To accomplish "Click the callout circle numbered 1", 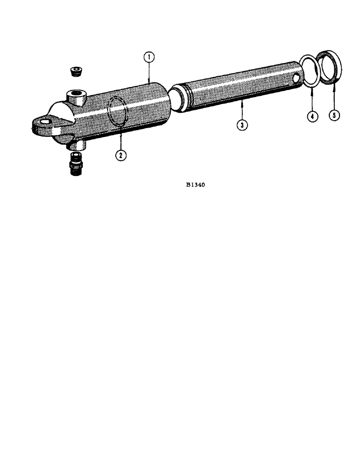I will click(x=148, y=57).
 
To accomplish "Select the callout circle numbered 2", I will click(x=121, y=155).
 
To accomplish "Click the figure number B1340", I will click(x=195, y=185).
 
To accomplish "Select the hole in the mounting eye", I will click(x=44, y=123).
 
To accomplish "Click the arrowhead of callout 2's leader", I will click(x=120, y=135).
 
